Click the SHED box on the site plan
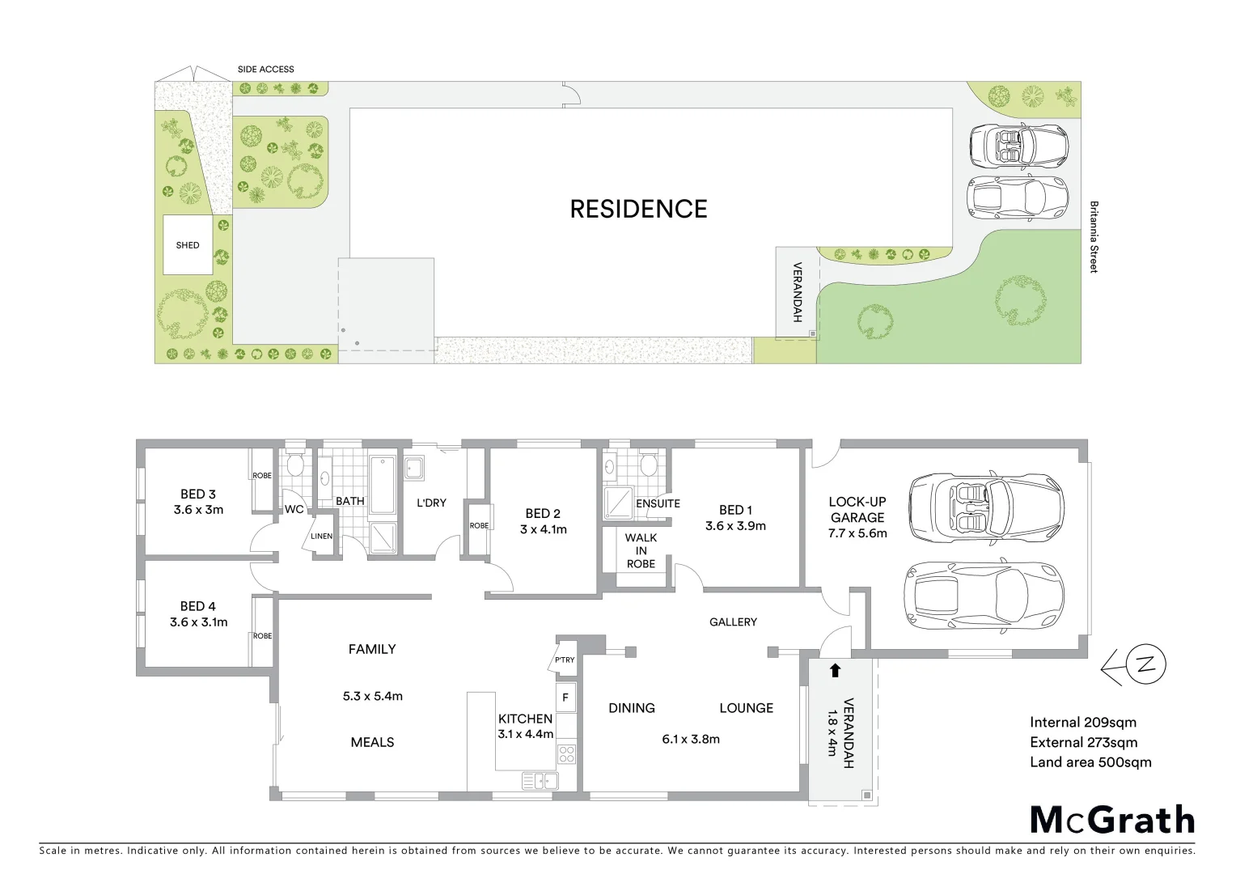click(188, 244)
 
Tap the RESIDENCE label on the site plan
click(638, 209)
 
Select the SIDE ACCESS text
click(265, 70)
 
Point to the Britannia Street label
click(1093, 237)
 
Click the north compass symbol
click(1144, 666)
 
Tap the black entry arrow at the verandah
click(835, 669)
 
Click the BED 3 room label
click(198, 494)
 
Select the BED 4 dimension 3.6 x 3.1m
click(198, 622)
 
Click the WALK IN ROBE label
click(641, 550)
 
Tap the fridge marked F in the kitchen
click(565, 697)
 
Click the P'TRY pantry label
click(564, 660)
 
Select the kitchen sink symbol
click(540, 781)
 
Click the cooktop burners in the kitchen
click(566, 754)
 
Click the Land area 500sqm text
click(1090, 762)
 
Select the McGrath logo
click(1112, 820)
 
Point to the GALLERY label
click(733, 622)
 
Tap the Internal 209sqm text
click(1082, 722)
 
